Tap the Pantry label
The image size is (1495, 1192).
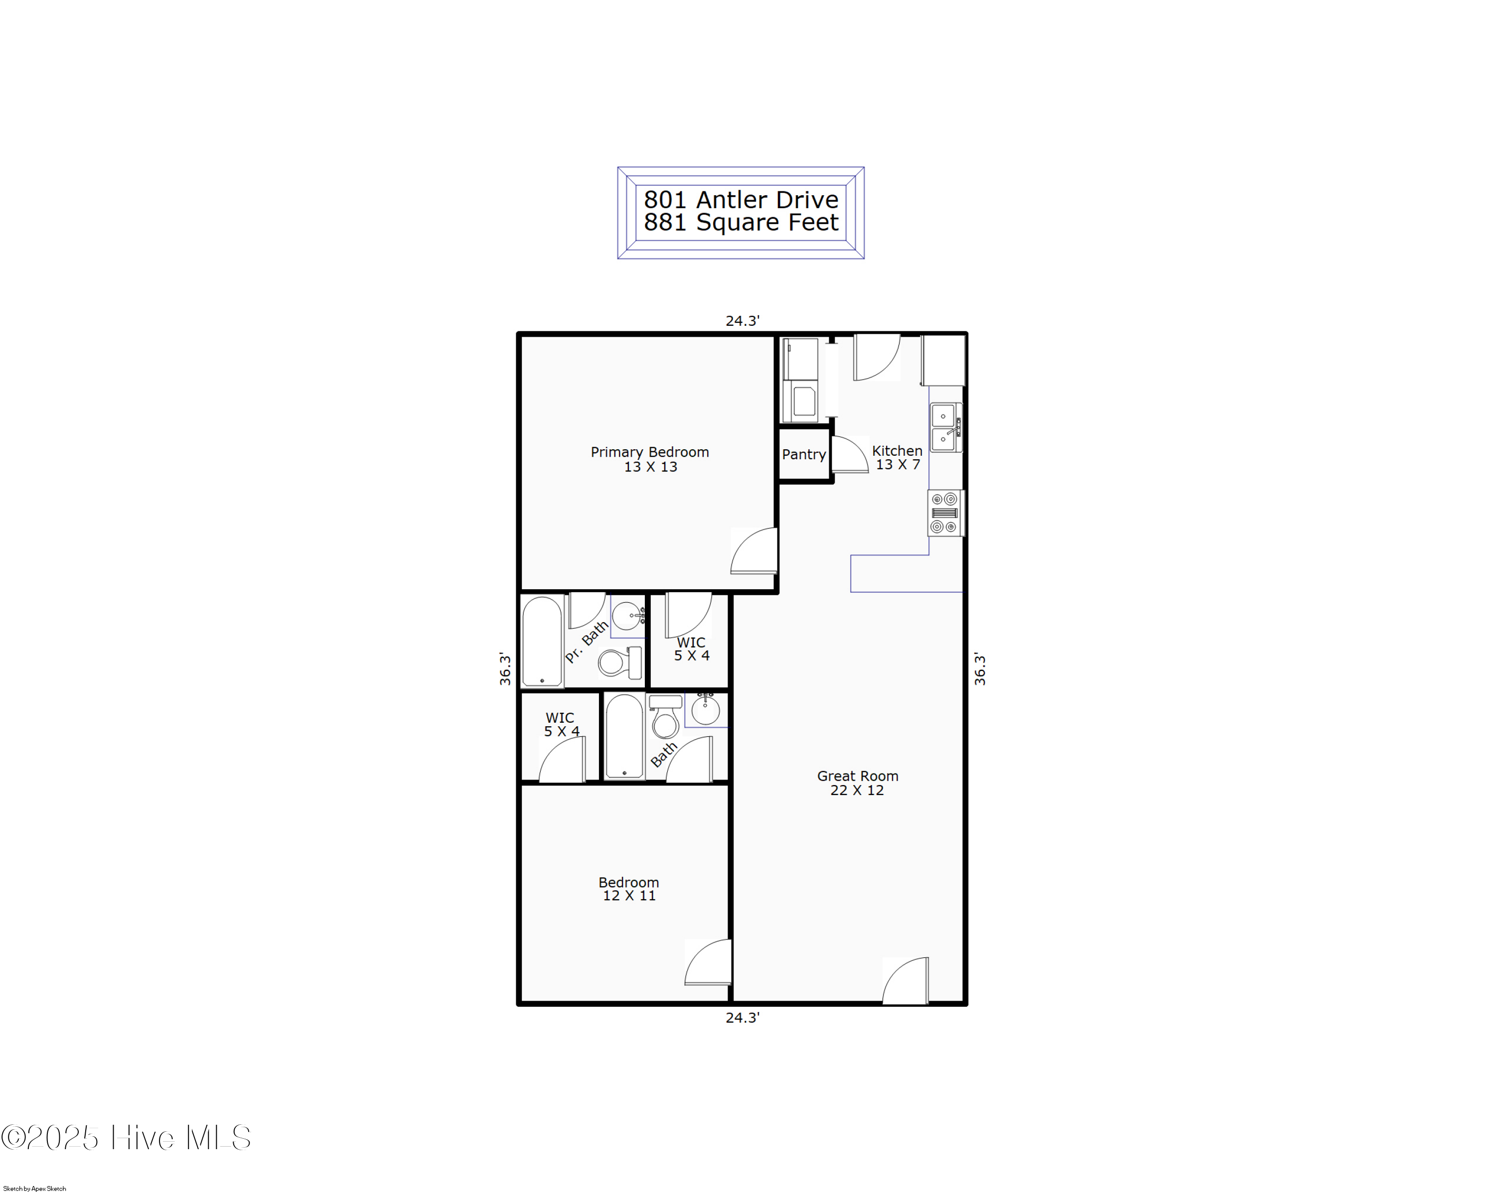[x=804, y=455]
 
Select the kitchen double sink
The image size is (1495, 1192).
[x=945, y=427]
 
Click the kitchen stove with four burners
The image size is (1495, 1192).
[x=945, y=514]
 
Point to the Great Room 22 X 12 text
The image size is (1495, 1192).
[x=857, y=783]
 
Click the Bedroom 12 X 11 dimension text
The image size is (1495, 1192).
[x=629, y=896]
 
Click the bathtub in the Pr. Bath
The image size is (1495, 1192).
[x=542, y=642]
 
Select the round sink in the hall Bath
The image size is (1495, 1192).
[x=705, y=710]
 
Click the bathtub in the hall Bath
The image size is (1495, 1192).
[x=624, y=737]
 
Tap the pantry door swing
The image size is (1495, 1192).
[x=850, y=455]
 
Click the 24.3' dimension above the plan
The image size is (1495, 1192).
[x=743, y=321]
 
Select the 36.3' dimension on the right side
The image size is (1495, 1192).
[x=980, y=669]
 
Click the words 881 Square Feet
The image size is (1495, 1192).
[x=741, y=223]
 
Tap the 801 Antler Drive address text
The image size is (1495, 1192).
[x=741, y=200]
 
